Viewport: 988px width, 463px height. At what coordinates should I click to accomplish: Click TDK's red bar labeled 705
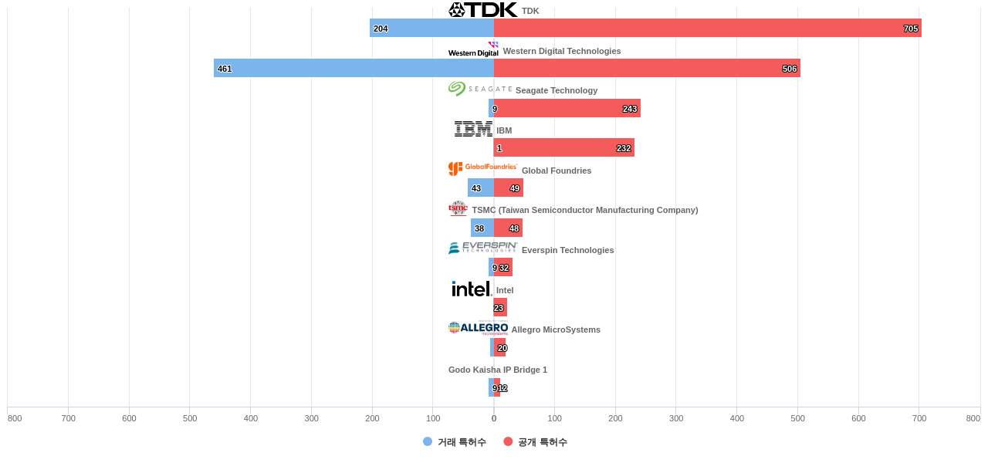(707, 29)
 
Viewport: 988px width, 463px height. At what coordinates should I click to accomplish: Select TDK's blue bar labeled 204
(431, 29)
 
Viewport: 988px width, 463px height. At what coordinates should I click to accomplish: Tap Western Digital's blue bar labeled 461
(354, 69)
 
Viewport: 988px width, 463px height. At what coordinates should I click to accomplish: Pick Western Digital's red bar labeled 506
(647, 69)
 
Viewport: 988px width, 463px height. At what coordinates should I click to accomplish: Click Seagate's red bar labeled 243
(567, 109)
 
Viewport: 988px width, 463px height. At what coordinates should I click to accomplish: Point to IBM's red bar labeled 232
(564, 148)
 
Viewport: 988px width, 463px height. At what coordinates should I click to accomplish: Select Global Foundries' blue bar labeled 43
(481, 188)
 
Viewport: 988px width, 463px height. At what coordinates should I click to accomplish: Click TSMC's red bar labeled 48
(508, 228)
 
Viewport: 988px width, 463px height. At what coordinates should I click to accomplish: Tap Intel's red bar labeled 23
(500, 308)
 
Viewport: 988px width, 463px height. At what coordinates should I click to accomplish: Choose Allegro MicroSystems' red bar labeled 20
(500, 348)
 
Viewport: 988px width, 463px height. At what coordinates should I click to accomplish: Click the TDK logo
(482, 10)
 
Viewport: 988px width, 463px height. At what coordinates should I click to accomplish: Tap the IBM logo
(473, 129)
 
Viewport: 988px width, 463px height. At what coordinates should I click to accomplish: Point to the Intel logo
(471, 289)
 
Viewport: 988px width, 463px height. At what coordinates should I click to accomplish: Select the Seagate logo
(479, 89)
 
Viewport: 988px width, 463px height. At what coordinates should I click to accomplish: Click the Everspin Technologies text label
(568, 250)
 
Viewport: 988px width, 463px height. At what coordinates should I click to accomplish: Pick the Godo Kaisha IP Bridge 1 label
(498, 370)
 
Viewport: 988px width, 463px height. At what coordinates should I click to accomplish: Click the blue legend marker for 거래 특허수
(428, 441)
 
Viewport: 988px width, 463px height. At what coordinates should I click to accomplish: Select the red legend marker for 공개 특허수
(508, 441)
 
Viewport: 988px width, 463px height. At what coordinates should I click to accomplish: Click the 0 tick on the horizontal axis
(494, 418)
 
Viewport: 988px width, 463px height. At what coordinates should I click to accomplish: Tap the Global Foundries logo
(482, 168)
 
